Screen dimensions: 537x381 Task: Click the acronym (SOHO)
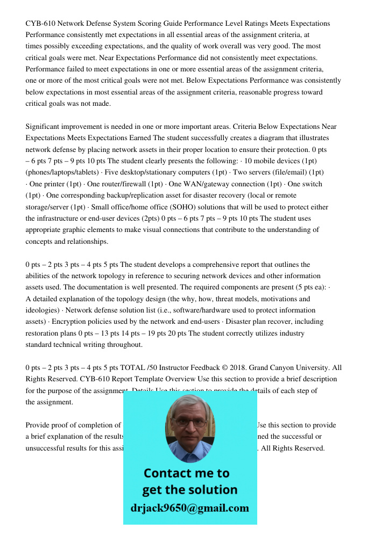[x=170, y=207]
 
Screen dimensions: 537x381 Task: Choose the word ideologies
[x=42, y=310]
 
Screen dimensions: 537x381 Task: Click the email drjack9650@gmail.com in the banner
[x=190, y=507]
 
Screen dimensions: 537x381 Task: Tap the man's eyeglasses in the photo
[x=189, y=422]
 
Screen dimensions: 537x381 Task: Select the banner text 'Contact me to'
[x=186, y=473]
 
